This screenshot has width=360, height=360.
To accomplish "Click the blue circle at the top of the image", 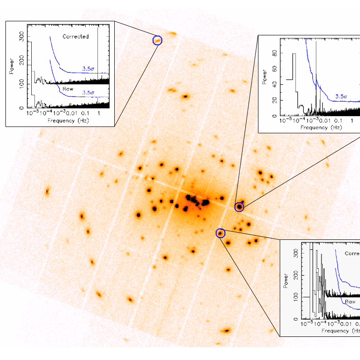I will [x=157, y=40].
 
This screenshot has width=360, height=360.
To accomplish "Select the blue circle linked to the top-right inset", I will [x=239, y=207].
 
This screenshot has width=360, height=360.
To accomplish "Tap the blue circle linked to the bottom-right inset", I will [x=221, y=233].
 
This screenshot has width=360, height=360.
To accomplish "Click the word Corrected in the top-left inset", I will [x=75, y=36].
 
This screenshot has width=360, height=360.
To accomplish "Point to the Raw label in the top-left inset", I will [x=68, y=89].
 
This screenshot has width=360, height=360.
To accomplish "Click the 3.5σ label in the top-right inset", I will [x=341, y=96].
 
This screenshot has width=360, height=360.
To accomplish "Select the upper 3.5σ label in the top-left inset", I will [x=88, y=68].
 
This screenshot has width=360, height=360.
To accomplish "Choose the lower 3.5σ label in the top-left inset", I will [x=88, y=92].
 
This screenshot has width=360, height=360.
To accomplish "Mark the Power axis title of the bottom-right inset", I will [x=286, y=281].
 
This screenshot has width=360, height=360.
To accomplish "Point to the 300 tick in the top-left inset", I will [x=22, y=39].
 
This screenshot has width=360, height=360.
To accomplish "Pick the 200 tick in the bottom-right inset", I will [x=297, y=275].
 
